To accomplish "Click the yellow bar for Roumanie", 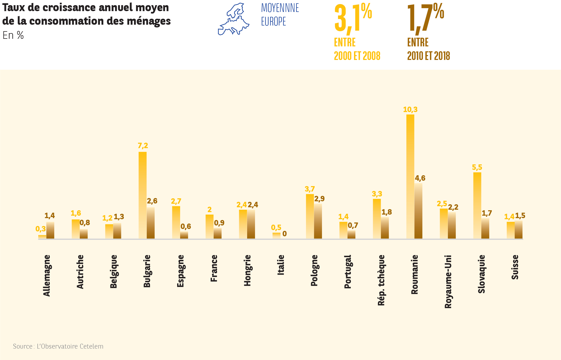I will pyautogui.click(x=410, y=176).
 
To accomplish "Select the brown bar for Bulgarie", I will pyautogui.click(x=151, y=223).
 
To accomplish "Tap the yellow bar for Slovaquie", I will pyautogui.click(x=477, y=205).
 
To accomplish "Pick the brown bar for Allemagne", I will pyautogui.click(x=50, y=230).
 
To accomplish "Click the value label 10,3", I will pyautogui.click(x=410, y=110).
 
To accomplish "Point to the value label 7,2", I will pyautogui.click(x=143, y=146).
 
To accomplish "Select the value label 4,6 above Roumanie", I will pyautogui.click(x=420, y=178).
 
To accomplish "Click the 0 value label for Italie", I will pyautogui.click(x=284, y=234).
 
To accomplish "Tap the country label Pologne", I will pyautogui.click(x=314, y=270).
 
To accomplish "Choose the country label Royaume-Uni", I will pyautogui.click(x=448, y=282).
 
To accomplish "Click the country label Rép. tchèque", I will pyautogui.click(x=381, y=280).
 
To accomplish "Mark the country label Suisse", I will pyautogui.click(x=515, y=267).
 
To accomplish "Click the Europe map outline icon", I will pyautogui.click(x=233, y=19).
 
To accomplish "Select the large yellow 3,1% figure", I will pyautogui.click(x=353, y=18).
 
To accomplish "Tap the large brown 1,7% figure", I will pyautogui.click(x=425, y=18).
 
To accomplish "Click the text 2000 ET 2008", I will pyautogui.click(x=357, y=56).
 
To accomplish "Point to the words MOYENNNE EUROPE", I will pyautogui.click(x=280, y=15).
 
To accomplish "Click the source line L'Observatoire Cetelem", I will pyautogui.click(x=58, y=346).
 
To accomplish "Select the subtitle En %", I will pyautogui.click(x=13, y=36).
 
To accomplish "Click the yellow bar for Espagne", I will pyautogui.click(x=176, y=222).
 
